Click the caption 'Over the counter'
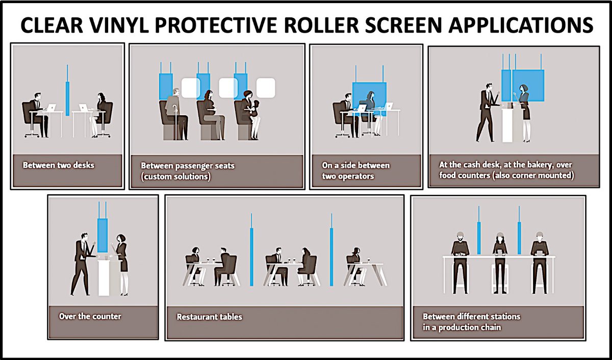90,316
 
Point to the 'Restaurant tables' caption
209,317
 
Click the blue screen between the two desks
67,97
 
